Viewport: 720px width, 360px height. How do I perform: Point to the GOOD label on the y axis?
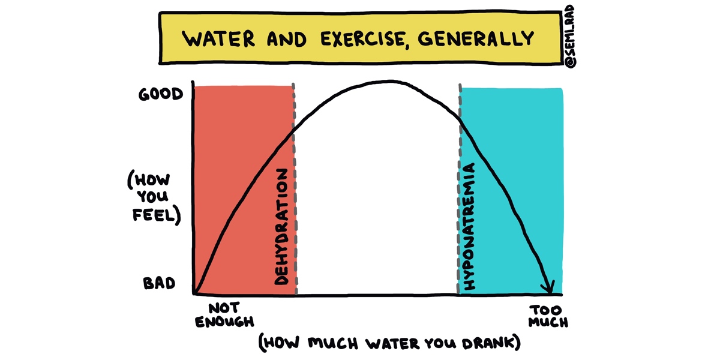(160, 94)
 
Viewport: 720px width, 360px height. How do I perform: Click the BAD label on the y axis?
(159, 283)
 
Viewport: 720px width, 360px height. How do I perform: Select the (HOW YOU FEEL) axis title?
(154, 197)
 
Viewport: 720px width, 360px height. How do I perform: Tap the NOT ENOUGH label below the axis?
(225, 315)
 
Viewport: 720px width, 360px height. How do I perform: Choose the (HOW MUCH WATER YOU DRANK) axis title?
(389, 343)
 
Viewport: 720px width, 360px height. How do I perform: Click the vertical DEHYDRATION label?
(281, 226)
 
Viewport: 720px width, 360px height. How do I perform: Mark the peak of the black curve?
(390, 81)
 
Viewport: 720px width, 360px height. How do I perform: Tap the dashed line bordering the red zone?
(295, 192)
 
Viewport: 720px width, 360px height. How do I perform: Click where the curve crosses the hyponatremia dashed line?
(460, 119)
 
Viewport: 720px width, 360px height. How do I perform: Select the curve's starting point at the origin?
(194, 294)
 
